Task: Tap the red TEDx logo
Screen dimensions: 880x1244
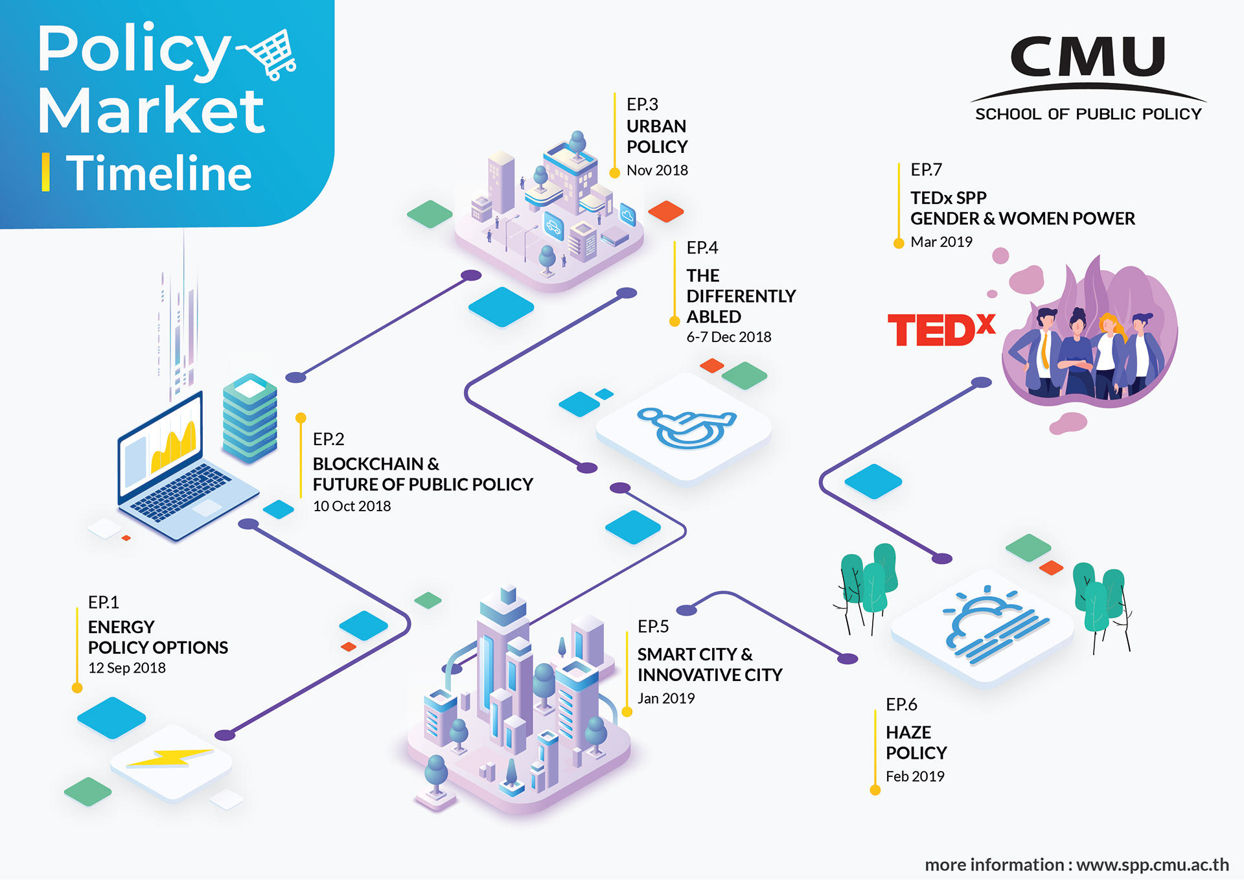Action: coord(940,330)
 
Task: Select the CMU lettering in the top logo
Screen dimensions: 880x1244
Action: coord(1088,57)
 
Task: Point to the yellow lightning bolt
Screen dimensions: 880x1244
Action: coord(170,758)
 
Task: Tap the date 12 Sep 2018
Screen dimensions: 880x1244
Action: coord(127,668)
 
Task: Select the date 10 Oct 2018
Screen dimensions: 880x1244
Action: coord(352,506)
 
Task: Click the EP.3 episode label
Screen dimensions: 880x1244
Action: coord(642,104)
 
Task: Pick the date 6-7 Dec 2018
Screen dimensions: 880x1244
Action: coord(729,337)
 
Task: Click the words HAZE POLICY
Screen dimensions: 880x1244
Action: coord(916,743)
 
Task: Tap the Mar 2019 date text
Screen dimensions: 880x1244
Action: coord(941,242)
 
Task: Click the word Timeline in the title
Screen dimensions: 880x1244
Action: coord(159,174)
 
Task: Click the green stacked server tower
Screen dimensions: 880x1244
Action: coord(249,417)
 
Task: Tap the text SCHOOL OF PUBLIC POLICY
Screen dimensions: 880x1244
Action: coord(1088,114)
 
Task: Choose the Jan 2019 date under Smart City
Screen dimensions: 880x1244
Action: coord(666,699)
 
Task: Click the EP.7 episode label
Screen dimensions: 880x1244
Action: coord(926,170)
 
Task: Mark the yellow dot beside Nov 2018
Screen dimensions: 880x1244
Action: coord(615,173)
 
